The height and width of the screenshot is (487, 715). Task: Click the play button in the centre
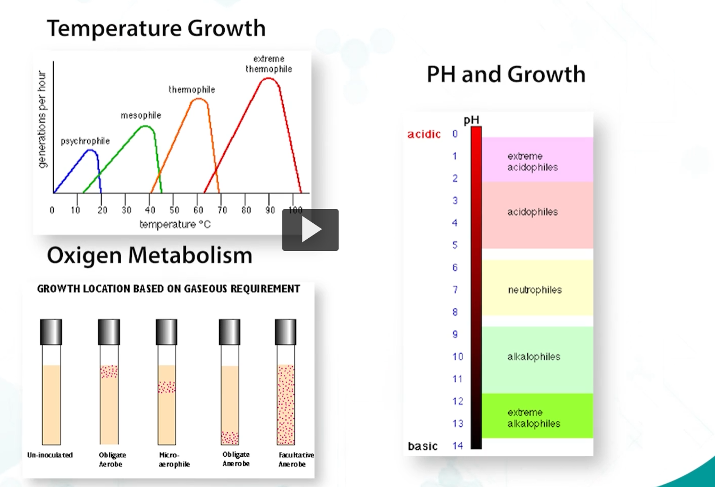tap(310, 230)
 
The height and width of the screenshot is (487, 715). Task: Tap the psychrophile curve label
tap(85, 141)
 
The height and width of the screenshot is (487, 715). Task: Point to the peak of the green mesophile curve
tap(145, 126)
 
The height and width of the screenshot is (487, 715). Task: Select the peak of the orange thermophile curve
tap(199, 99)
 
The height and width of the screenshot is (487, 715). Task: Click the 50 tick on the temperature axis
tap(174, 210)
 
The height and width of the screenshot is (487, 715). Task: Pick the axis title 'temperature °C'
tap(175, 224)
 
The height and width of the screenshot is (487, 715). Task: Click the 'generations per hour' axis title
tap(43, 120)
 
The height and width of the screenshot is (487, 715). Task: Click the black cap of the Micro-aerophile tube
tap(166, 332)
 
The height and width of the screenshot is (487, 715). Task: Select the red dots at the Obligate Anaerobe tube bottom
tap(230, 438)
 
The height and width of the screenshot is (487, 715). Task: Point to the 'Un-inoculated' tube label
tap(50, 455)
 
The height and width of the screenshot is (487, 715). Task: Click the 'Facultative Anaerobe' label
tap(296, 459)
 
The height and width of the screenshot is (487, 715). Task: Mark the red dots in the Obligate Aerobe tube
tap(109, 371)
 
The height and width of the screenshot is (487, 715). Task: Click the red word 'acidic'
tap(424, 135)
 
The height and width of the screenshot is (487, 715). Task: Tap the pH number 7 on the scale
tap(455, 290)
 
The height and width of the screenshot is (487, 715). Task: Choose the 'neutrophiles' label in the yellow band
tap(535, 290)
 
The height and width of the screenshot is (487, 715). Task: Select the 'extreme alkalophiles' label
tap(534, 418)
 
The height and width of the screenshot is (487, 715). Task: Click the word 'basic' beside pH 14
tap(423, 446)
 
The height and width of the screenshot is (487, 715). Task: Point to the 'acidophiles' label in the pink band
tap(532, 212)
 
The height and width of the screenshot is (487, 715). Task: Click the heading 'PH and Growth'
tap(506, 74)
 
